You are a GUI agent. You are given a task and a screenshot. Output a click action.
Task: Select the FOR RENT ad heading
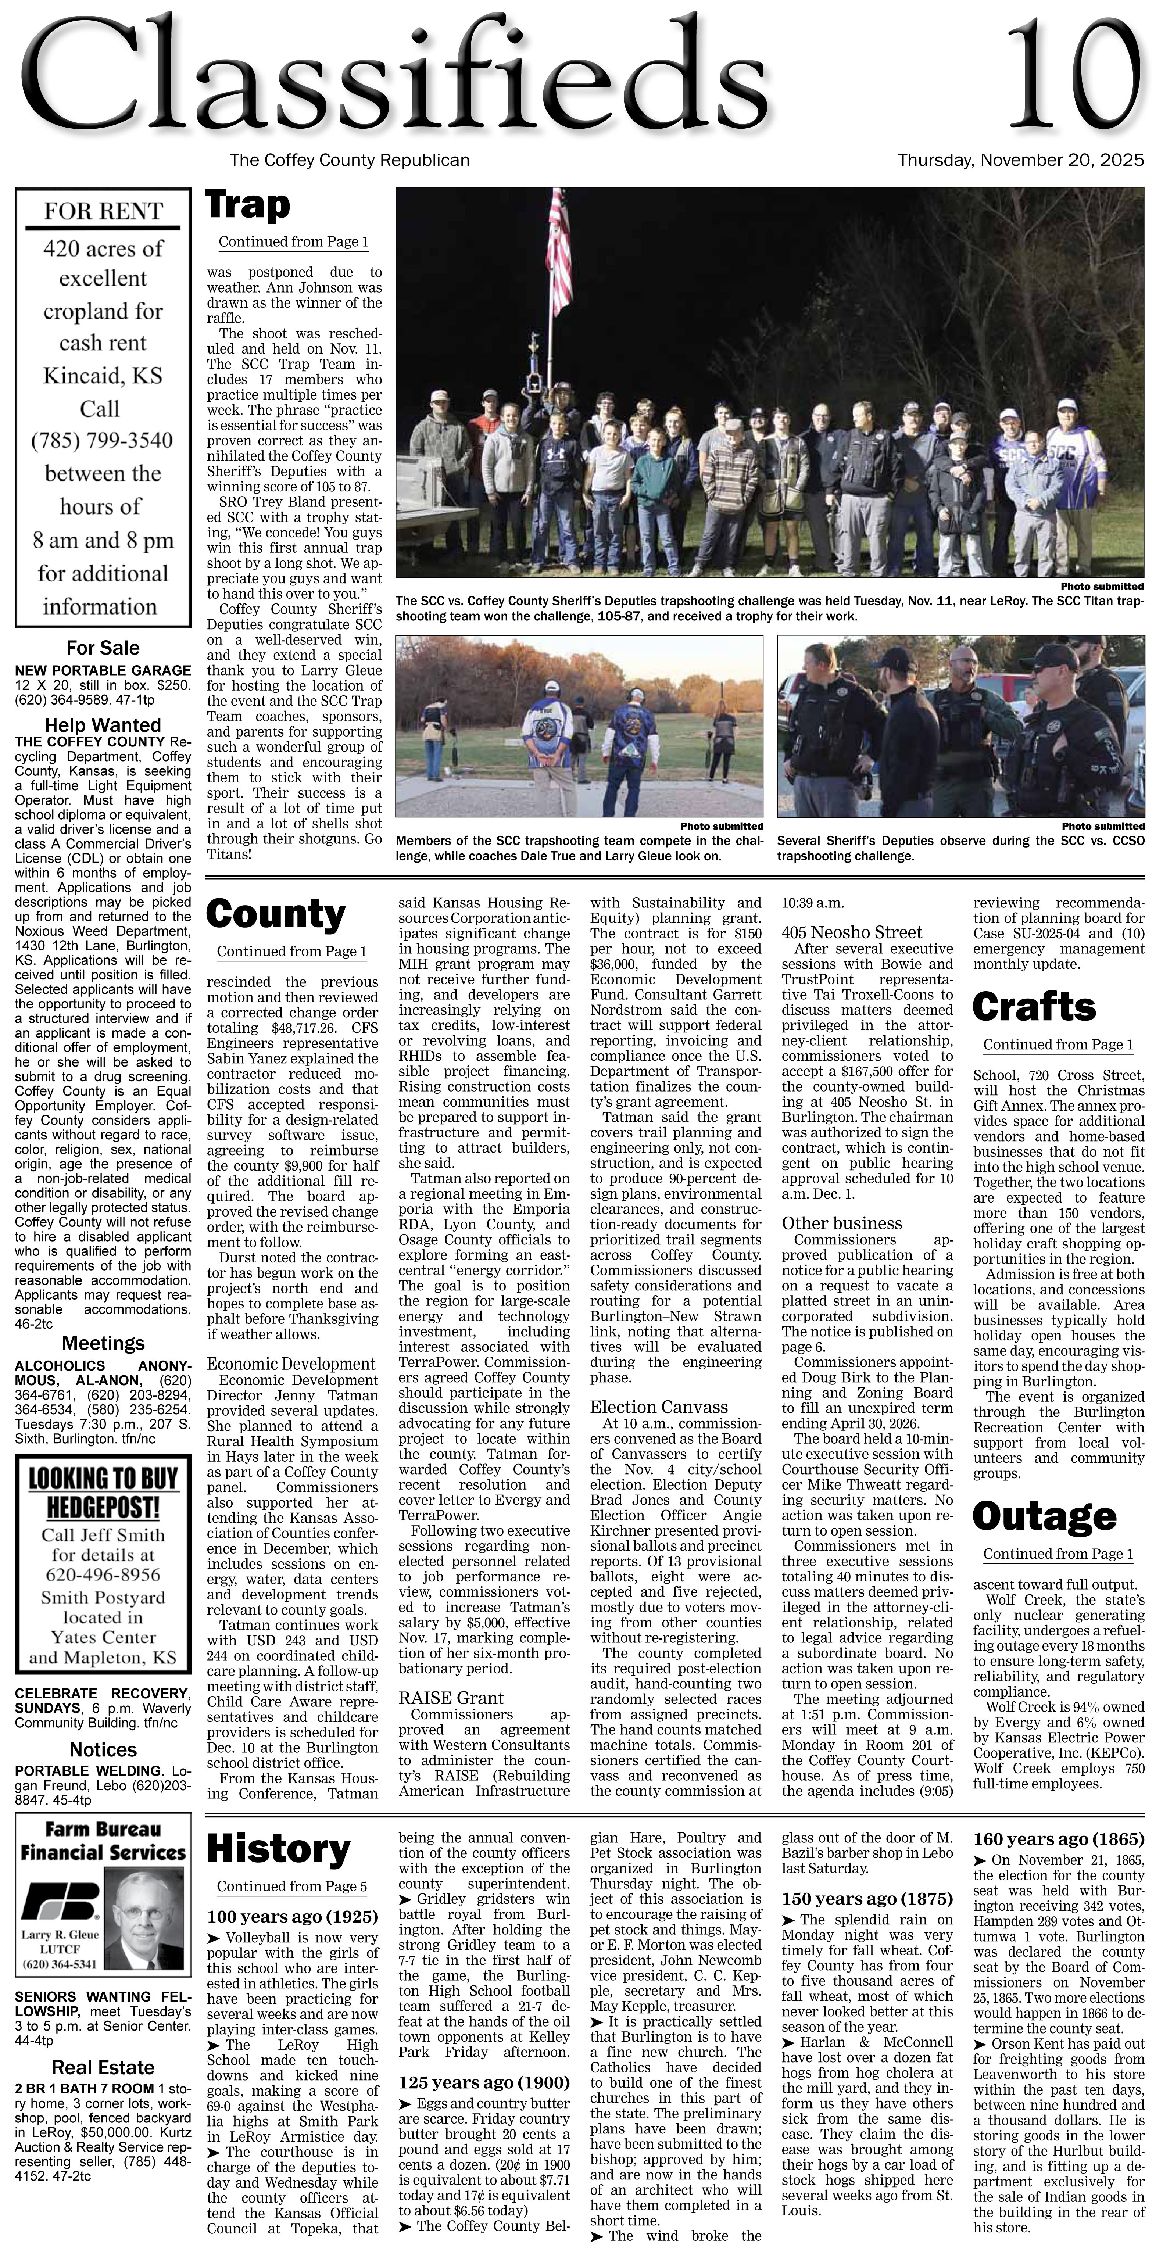click(x=103, y=211)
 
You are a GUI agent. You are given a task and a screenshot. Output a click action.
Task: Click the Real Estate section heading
click(x=102, y=2067)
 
